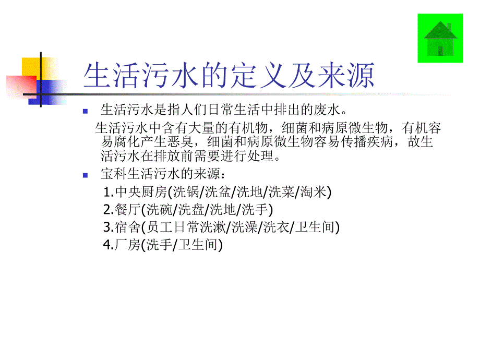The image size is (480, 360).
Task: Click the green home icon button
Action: pos(440,39)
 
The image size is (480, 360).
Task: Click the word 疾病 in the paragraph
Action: pos(376,142)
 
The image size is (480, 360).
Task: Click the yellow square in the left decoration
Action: pos(30,68)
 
